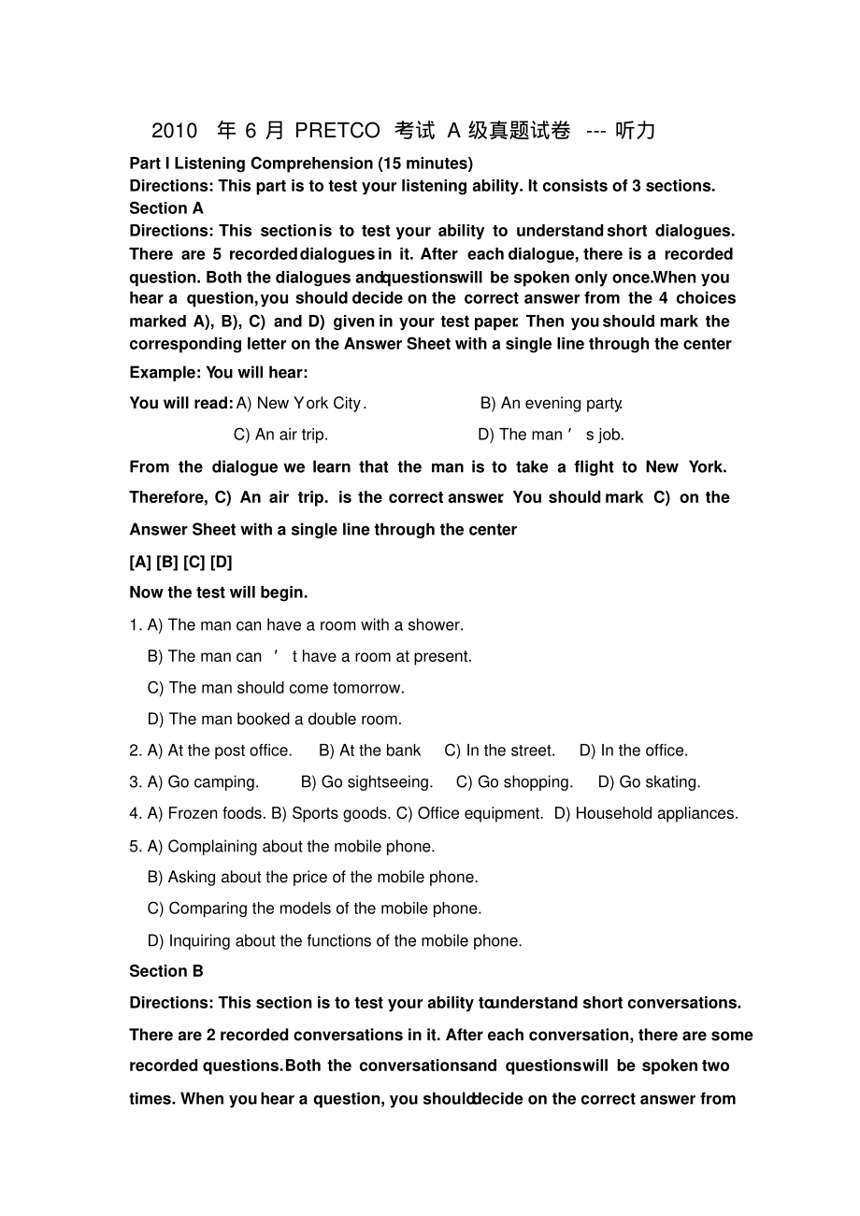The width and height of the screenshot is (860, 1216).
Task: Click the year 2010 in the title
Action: [x=175, y=131]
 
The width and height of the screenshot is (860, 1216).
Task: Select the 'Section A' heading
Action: [x=166, y=208]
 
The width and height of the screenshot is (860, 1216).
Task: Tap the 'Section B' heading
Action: [x=166, y=971]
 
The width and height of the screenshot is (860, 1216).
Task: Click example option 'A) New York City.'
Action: [x=301, y=404]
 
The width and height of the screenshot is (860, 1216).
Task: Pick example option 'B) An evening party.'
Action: [x=552, y=404]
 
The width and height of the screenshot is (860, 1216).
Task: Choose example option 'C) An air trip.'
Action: [x=280, y=435]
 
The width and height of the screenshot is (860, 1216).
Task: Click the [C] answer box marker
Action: [x=193, y=562]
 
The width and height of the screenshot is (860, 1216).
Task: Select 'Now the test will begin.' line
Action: [x=219, y=593]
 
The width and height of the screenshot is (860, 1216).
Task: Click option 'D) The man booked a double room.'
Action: [x=275, y=720]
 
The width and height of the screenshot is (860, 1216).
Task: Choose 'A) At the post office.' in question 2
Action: [x=220, y=751]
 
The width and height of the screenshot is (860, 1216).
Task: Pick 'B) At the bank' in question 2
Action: [x=370, y=751]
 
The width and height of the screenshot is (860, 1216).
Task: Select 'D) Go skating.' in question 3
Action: [x=650, y=782]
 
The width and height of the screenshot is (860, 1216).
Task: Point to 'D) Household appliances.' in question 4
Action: [x=646, y=814]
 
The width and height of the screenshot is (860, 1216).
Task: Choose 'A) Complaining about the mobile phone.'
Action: [x=291, y=847]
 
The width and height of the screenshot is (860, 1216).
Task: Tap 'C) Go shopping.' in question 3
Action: [x=514, y=782]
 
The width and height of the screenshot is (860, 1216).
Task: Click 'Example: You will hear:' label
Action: [x=219, y=373]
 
